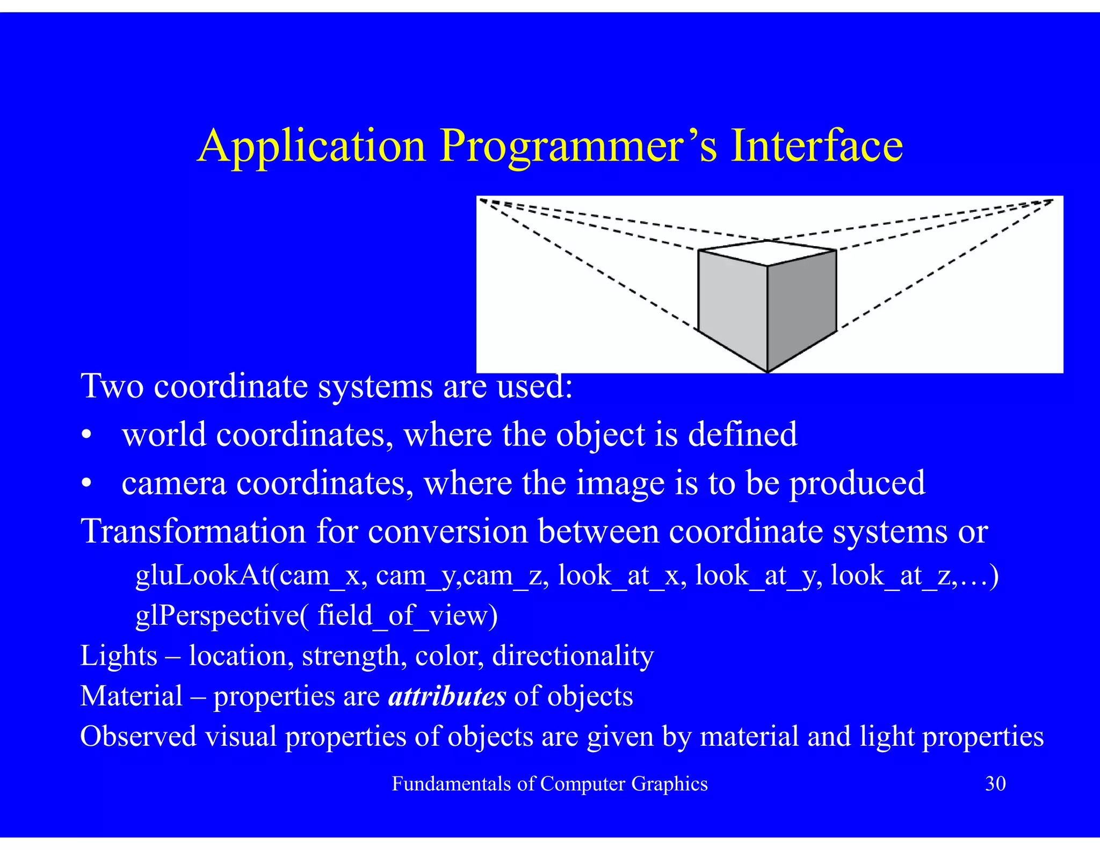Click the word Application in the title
pyautogui.click(x=312, y=147)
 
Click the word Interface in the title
pyautogui.click(x=816, y=147)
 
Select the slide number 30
pyautogui.click(x=995, y=784)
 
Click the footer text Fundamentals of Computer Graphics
pyautogui.click(x=549, y=784)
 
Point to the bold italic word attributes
pyautogui.click(x=446, y=696)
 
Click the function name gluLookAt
pyautogui.click(x=202, y=575)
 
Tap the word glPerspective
pyautogui.click(x=217, y=616)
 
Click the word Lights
pyautogui.click(x=119, y=656)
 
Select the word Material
pyautogui.click(x=132, y=696)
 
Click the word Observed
pyautogui.click(x=138, y=736)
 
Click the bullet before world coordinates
pyautogui.click(x=86, y=435)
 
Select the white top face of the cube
pyautogui.click(x=768, y=252)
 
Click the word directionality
pyautogui.click(x=573, y=656)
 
